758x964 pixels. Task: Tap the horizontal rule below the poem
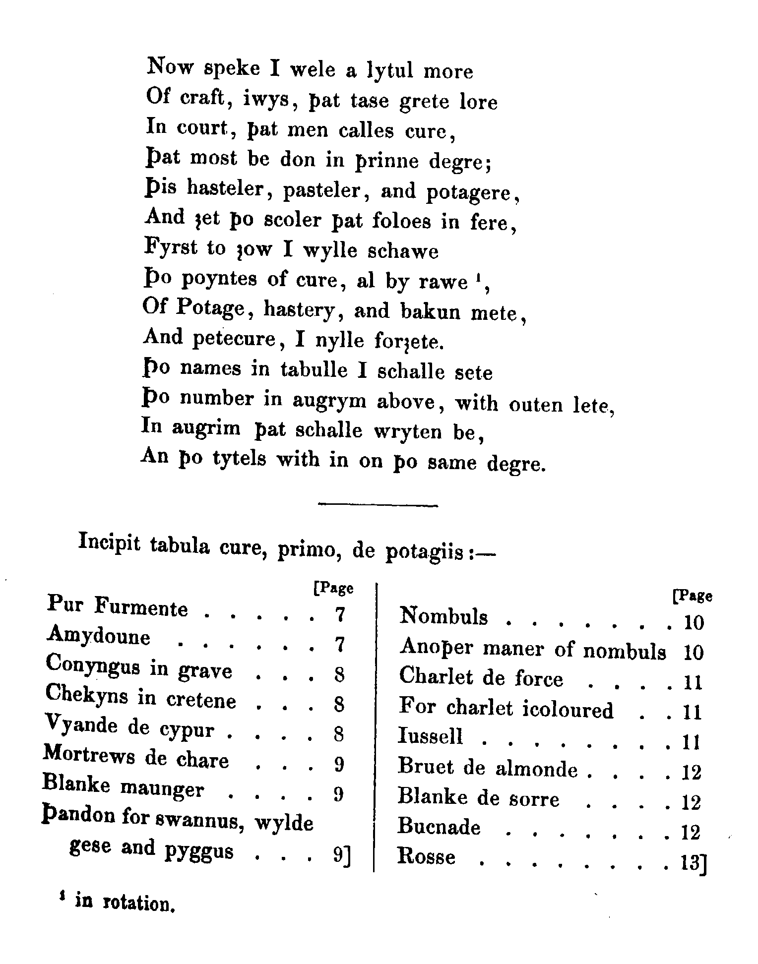tap(378, 505)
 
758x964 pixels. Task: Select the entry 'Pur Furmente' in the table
tap(118, 607)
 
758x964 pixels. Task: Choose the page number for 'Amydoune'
tap(339, 645)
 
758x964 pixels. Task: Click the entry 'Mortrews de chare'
tap(136, 759)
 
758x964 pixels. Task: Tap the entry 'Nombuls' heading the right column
tap(443, 616)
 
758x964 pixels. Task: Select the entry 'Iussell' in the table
tap(431, 735)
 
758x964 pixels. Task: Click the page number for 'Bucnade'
tap(691, 833)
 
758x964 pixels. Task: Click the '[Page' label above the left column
tap(333, 588)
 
